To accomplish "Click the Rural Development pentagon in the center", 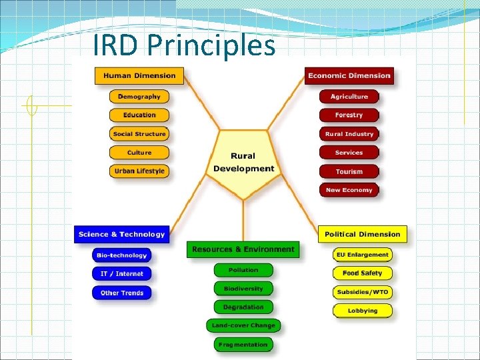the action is (243, 163).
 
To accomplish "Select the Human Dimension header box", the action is (139, 75).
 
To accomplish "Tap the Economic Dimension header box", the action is (349, 75).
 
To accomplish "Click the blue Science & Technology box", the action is (121, 234).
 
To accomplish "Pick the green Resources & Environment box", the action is (243, 249).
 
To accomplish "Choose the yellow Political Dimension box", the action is (363, 234).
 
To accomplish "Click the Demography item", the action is (139, 97).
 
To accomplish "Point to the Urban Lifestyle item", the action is (139, 171).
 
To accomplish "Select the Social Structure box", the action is (139, 134).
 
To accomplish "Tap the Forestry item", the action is (349, 115).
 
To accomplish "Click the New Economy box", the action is (349, 190).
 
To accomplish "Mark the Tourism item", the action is (349, 171).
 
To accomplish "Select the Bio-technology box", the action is (121, 255).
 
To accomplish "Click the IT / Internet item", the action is (121, 273).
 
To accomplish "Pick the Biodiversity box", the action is (243, 289).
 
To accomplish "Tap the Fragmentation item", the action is (243, 345).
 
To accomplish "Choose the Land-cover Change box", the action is (243, 326).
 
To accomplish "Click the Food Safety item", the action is (363, 273).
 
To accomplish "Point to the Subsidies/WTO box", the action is (363, 292).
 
